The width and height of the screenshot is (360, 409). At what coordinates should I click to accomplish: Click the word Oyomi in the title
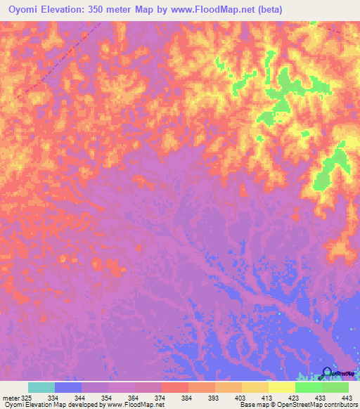pos(21,8)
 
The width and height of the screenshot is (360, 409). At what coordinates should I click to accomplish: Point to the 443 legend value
pos(347,398)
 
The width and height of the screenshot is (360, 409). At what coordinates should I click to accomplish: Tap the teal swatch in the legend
pos(41,387)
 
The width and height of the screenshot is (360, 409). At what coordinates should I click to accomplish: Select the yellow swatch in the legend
pos(281,387)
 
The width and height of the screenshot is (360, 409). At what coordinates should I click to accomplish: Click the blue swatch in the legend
pos(68,387)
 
